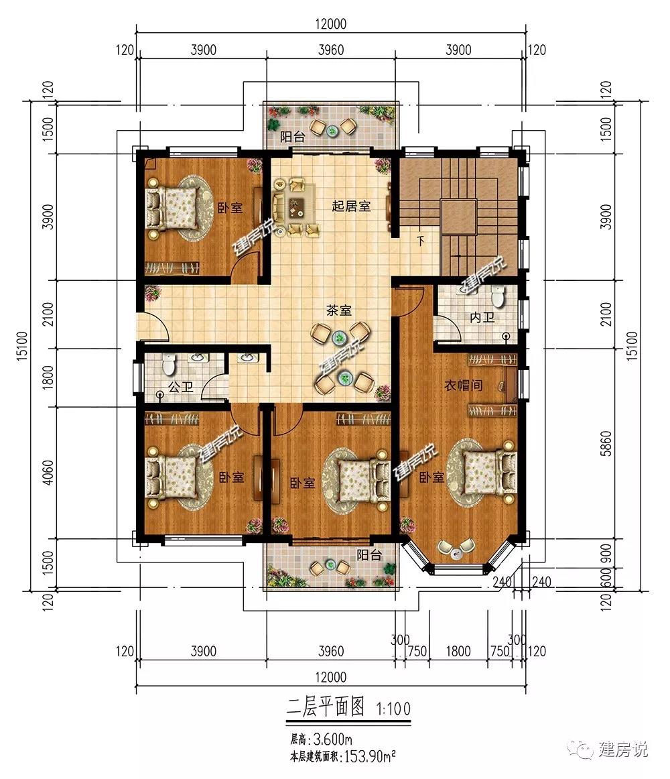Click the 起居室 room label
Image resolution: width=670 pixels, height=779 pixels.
tap(351, 206)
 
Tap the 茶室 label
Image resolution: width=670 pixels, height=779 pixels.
tap(339, 311)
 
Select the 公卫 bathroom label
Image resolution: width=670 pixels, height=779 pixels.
tap(181, 387)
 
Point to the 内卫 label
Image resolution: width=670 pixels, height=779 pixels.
tap(482, 318)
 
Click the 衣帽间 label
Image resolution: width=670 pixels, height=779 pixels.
tap(464, 385)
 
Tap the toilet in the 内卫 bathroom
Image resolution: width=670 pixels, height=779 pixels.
tap(497, 296)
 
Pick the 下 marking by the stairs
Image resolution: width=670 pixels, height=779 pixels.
tap(421, 242)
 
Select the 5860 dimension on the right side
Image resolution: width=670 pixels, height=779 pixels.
tap(606, 444)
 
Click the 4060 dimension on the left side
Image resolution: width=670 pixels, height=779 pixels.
tap(48, 473)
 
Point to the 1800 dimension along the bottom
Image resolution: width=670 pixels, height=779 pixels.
tap(458, 652)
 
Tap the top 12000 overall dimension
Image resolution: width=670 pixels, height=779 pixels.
tap(331, 24)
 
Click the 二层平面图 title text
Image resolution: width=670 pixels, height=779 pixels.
tap(326, 707)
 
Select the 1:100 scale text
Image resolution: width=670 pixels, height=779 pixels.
tap(393, 709)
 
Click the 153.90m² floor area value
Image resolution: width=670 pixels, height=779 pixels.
tap(370, 757)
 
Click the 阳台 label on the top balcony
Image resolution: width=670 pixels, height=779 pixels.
tap(292, 137)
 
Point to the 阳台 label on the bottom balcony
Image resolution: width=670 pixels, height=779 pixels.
tap(369, 555)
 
